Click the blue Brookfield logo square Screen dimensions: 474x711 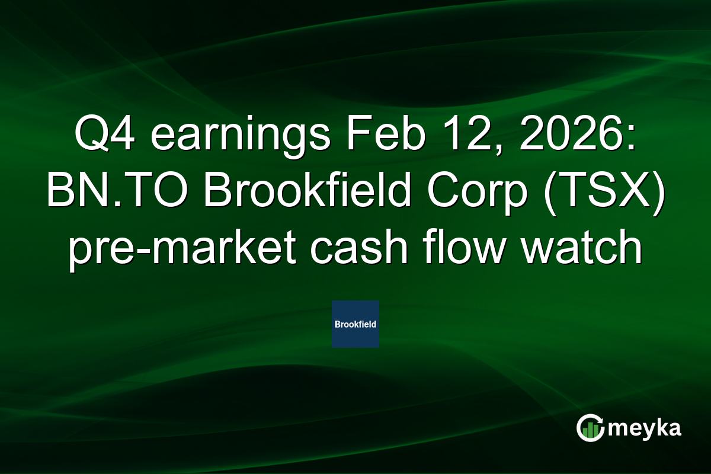tap(355, 324)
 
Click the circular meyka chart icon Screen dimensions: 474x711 tap(591, 428)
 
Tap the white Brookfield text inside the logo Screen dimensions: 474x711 tap(355, 325)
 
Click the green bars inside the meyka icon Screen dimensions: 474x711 tap(590, 431)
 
